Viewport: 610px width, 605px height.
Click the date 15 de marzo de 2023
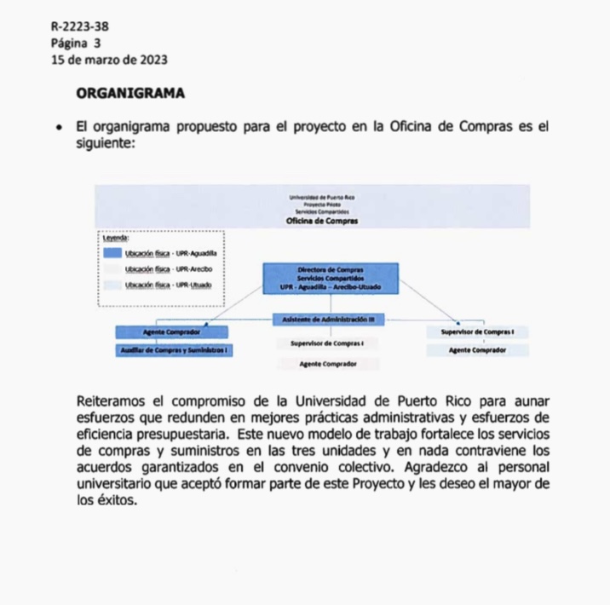109,59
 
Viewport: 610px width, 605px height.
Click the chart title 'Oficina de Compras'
322,221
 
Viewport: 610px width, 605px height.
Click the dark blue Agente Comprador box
173,331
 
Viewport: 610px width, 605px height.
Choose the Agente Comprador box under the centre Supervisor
327,364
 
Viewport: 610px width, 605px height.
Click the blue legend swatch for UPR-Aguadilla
112,253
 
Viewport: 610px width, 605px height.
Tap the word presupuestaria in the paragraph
166,434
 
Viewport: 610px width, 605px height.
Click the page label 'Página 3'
76,42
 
